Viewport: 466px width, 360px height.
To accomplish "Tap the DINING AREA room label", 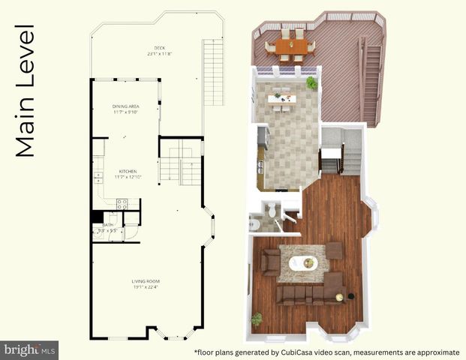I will (126, 106).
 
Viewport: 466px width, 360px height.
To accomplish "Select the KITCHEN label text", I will (125, 170).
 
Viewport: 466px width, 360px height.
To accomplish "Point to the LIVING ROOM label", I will (146, 281).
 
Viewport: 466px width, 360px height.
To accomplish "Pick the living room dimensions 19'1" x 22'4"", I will (146, 287).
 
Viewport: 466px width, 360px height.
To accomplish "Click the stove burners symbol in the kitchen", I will (124, 202).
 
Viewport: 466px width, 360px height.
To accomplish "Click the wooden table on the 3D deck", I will (291, 46).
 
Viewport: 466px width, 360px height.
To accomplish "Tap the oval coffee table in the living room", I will (305, 263).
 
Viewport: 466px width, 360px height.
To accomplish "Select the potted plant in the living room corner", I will (257, 319).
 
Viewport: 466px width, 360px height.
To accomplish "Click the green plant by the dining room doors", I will (311, 82).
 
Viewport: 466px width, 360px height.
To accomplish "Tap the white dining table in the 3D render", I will (283, 96).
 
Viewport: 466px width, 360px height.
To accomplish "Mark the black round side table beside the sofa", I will (339, 297).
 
